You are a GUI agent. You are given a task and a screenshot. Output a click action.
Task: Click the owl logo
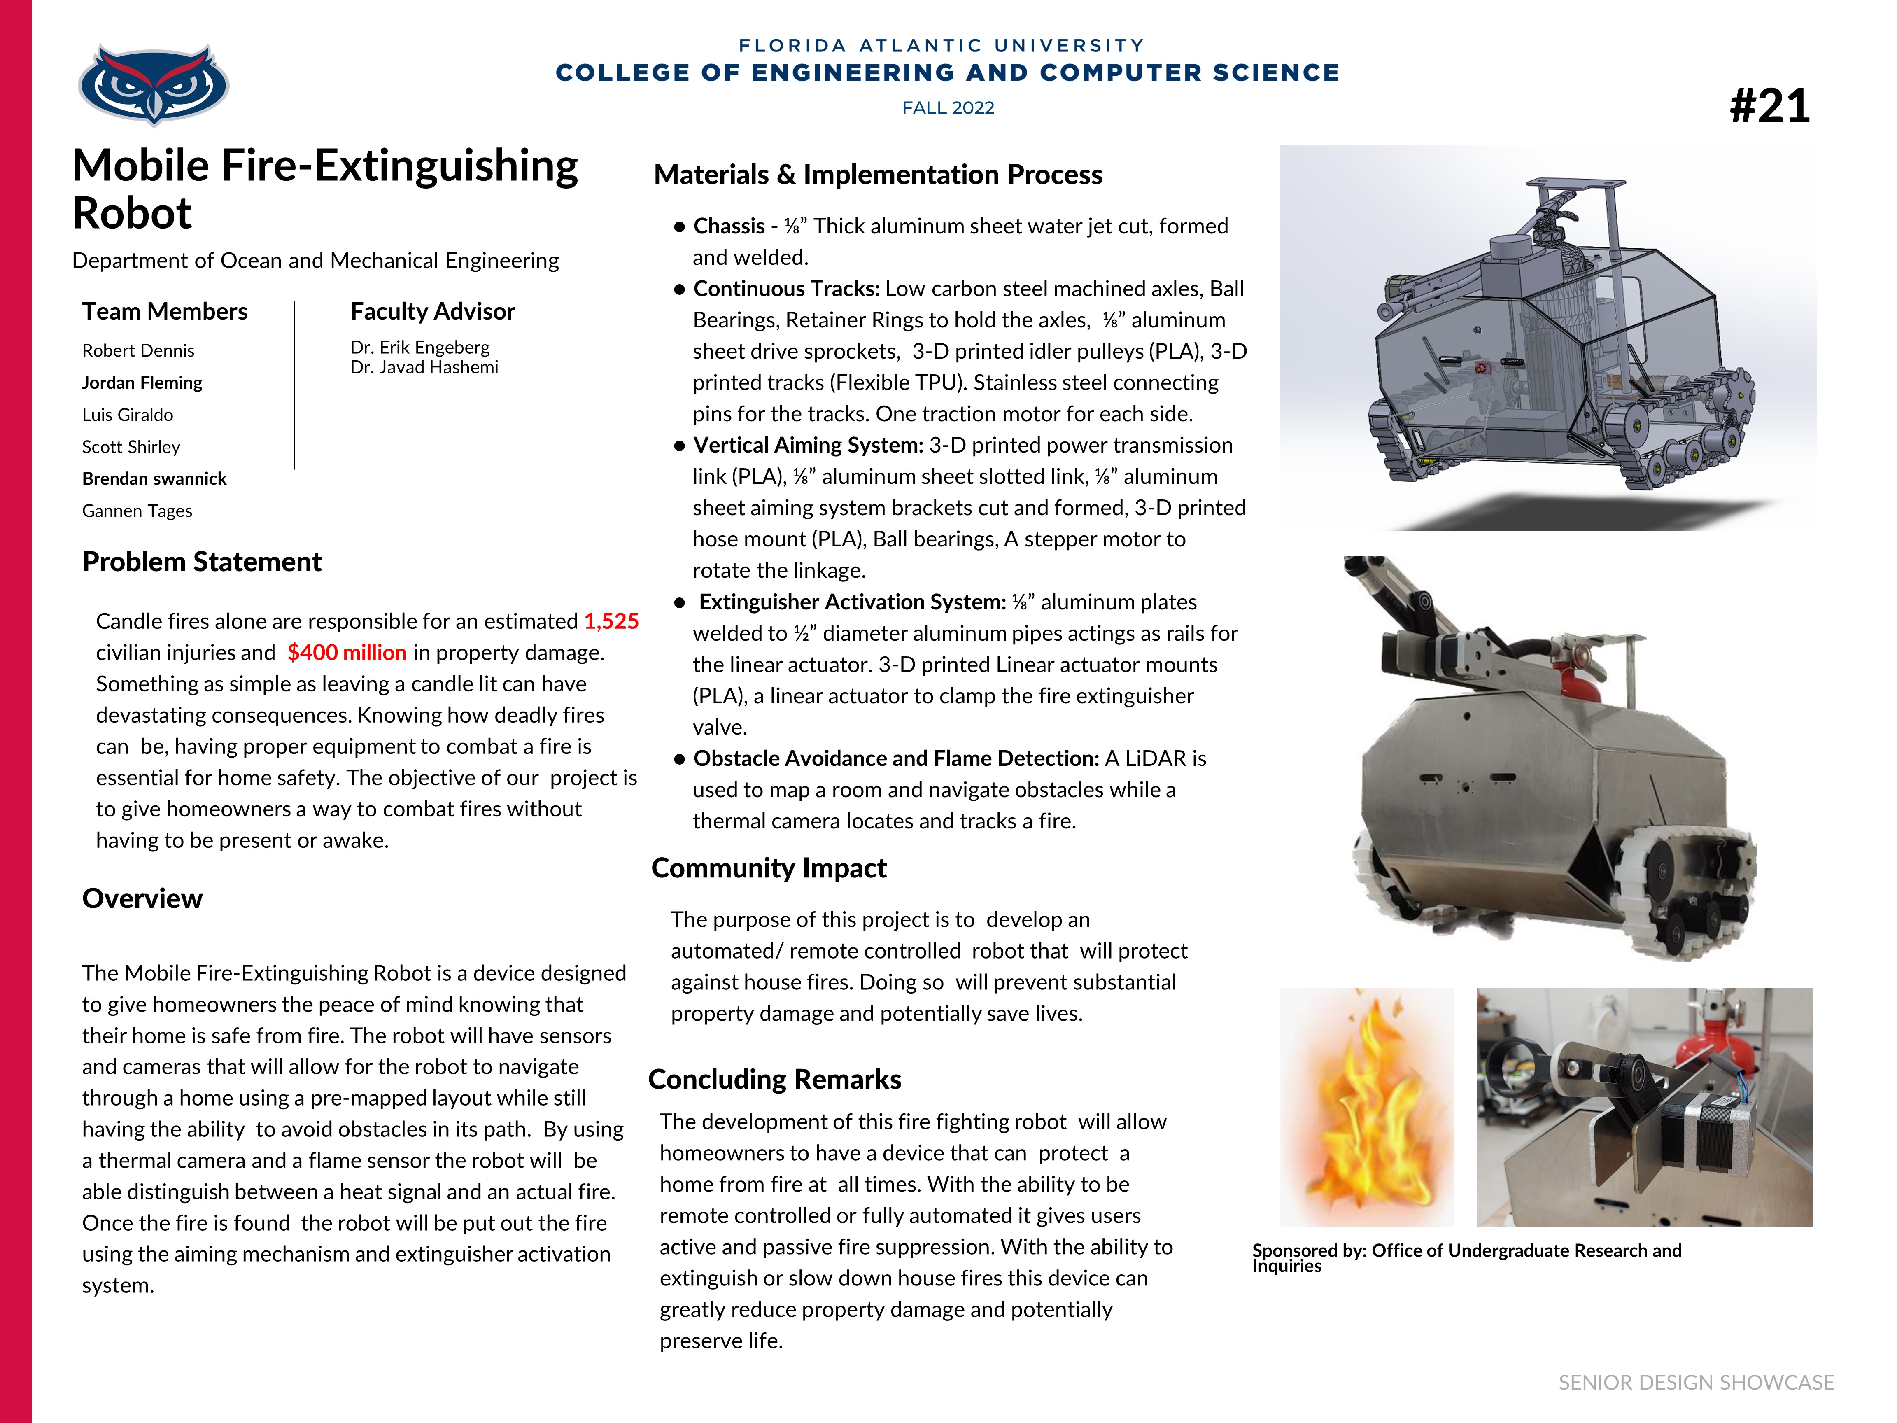[154, 84]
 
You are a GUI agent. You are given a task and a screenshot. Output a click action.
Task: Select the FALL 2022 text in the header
[948, 108]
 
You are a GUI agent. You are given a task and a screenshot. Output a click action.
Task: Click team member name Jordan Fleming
[142, 383]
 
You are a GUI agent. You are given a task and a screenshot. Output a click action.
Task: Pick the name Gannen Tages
[137, 511]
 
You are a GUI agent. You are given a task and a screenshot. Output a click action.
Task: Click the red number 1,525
[611, 621]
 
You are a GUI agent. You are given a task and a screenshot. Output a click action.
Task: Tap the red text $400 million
[347, 653]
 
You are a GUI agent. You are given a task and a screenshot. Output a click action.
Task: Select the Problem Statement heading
[202, 562]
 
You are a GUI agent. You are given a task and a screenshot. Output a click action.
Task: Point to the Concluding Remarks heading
[774, 1079]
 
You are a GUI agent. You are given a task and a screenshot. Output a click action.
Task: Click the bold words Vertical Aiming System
[808, 445]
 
